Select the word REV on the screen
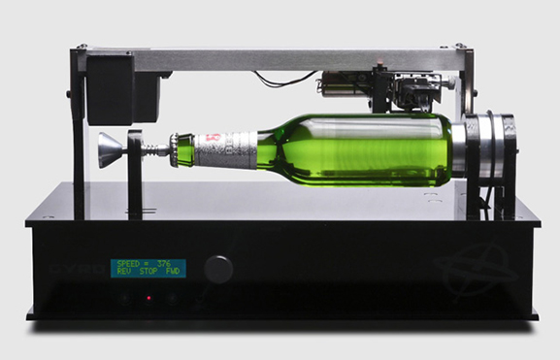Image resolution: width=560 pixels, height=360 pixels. [123, 272]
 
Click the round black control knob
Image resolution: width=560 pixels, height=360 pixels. [218, 269]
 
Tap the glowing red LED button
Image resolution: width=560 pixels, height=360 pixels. [148, 298]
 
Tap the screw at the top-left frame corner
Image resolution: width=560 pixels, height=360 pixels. [82, 46]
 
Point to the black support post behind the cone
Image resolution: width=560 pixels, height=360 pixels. [135, 175]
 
